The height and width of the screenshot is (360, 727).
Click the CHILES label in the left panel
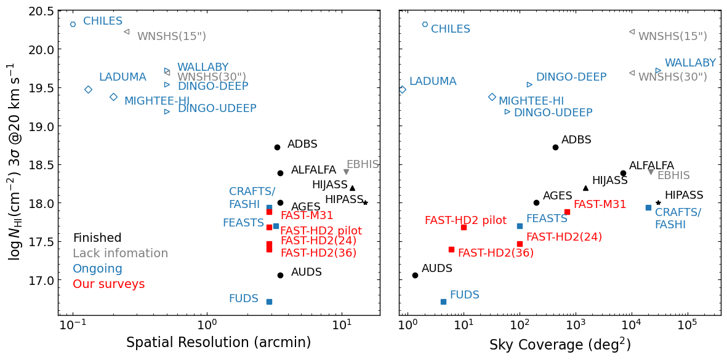tap(103, 22)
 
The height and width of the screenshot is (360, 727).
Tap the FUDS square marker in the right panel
tap(443, 302)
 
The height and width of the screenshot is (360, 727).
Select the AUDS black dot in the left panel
tap(280, 275)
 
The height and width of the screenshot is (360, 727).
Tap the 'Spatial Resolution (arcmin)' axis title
tap(219, 343)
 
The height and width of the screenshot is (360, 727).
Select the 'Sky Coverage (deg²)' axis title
tap(560, 344)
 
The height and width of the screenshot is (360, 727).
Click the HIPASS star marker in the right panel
tap(658, 202)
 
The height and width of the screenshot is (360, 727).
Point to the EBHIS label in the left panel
tap(363, 164)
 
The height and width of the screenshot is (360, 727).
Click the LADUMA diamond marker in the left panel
tap(88, 89)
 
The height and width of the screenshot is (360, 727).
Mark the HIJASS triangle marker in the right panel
tap(585, 188)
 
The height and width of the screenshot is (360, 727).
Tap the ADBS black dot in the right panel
tap(555, 147)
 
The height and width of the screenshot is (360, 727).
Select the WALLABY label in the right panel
tap(690, 63)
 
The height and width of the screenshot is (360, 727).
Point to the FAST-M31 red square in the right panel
tap(567, 212)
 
